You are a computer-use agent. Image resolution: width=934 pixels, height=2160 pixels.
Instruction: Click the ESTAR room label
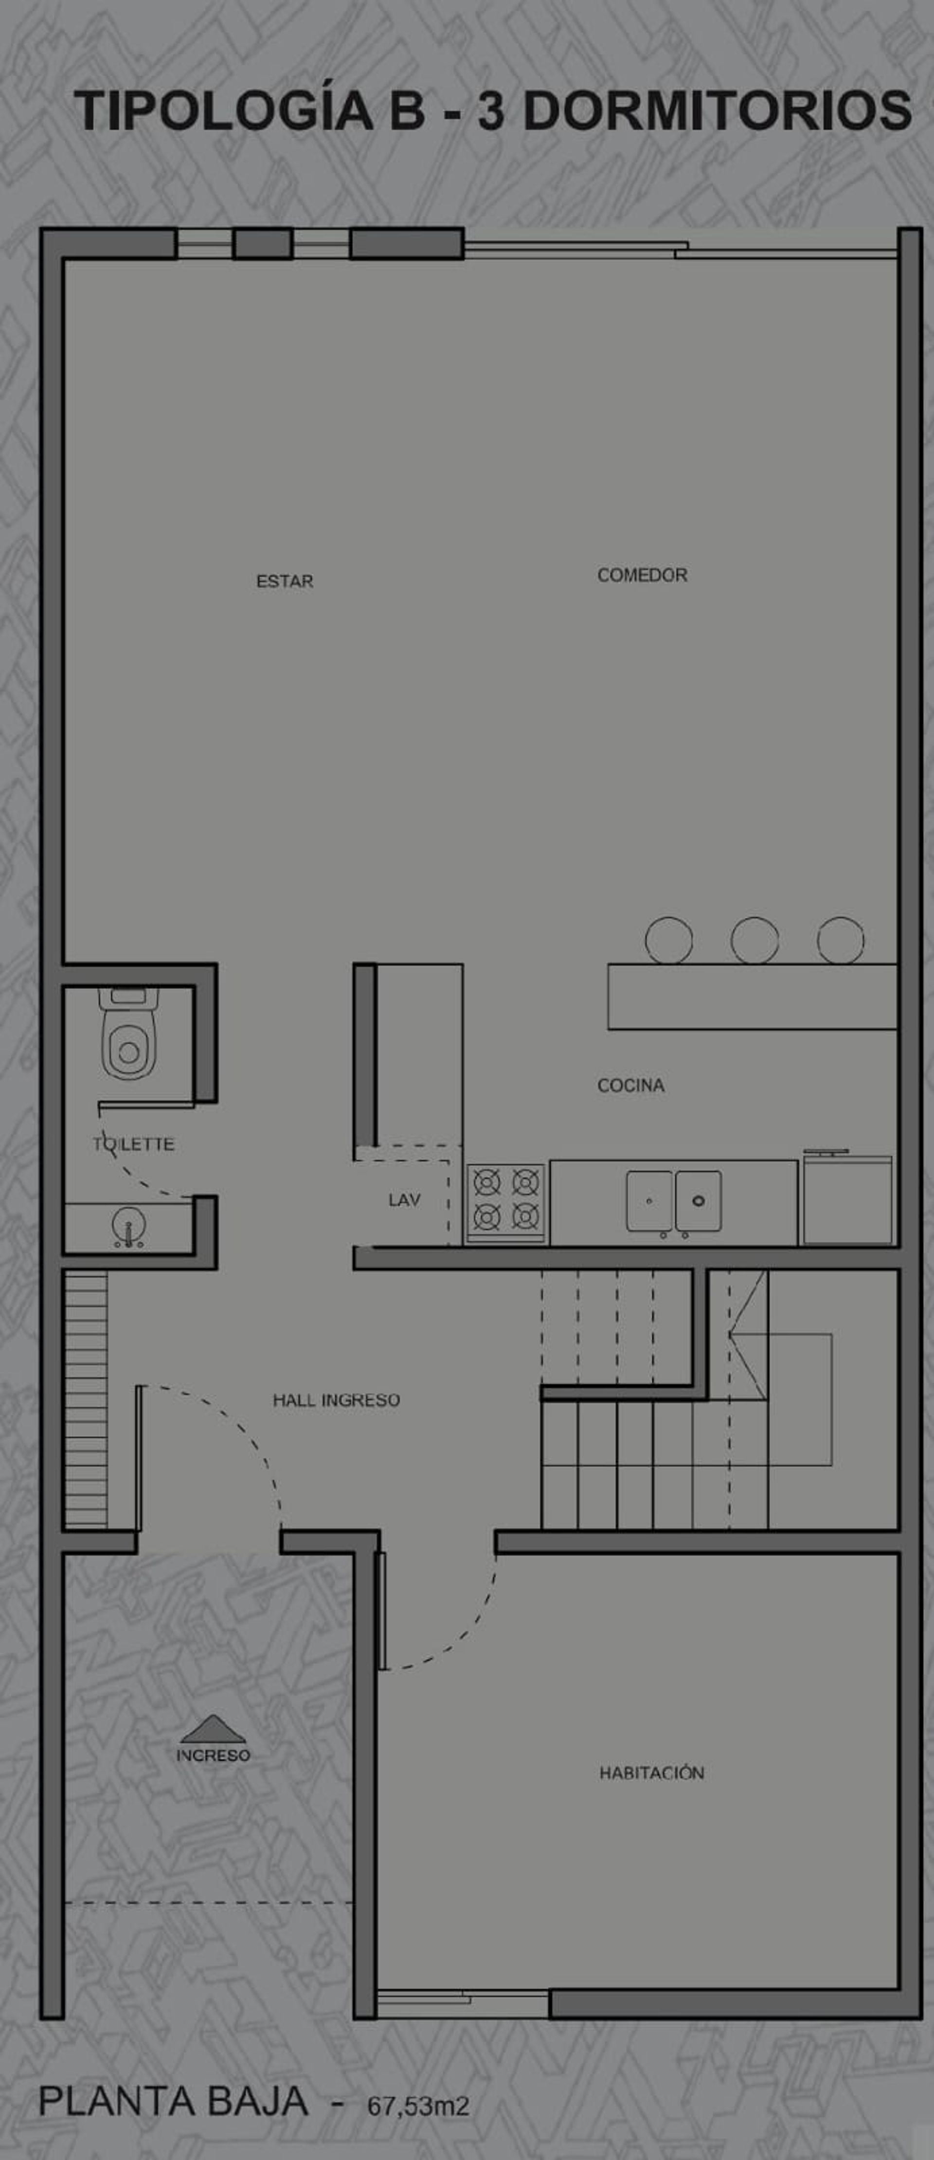pos(285,581)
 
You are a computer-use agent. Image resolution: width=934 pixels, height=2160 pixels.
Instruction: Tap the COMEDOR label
pos(642,575)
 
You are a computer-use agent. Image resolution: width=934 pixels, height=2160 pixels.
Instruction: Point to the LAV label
pos(404,1200)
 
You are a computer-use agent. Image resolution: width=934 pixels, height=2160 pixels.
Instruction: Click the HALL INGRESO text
pos(336,1399)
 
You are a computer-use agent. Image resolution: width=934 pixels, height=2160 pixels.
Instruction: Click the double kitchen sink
pos(674,1201)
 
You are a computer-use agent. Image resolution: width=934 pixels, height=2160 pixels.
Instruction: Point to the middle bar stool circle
pos(754,940)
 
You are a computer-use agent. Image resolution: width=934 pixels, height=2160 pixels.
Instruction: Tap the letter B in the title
pos(408,110)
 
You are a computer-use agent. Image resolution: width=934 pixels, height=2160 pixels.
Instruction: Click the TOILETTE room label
pos(133,1144)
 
